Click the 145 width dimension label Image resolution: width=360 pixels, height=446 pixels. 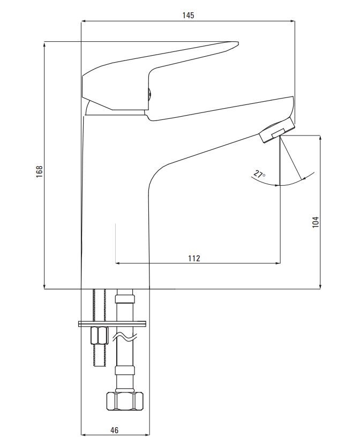188,15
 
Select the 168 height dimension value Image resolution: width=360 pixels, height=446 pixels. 39,171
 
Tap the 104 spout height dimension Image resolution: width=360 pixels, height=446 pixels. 316,222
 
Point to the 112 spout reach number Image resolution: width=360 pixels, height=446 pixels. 194,258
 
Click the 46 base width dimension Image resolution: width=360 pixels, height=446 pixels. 114,430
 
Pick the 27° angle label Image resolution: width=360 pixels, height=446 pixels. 259,174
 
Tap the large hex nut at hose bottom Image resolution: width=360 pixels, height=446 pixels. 125,401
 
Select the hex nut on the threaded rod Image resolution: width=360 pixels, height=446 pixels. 99,336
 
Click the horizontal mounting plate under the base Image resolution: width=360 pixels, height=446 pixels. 112,324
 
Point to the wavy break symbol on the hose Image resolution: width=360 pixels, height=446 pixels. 125,337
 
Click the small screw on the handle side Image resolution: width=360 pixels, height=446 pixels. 149,94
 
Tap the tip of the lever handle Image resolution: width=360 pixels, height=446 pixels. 238,43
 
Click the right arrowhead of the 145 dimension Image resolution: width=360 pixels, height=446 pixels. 292,21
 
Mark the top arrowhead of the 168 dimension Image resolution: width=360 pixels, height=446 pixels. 44,44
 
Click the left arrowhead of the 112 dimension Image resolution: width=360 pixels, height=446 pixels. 118,263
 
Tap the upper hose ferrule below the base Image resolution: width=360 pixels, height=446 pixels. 125,299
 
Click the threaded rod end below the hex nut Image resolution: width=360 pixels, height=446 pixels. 99,356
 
